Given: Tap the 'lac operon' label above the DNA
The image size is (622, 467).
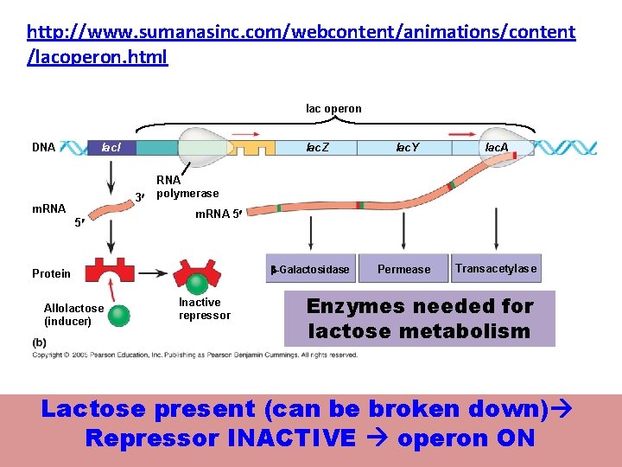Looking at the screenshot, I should (x=333, y=109).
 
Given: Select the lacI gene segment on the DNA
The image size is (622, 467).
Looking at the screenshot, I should (x=112, y=148).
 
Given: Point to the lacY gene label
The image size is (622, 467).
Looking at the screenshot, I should (x=407, y=148).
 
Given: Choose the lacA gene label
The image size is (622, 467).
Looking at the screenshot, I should (x=497, y=148).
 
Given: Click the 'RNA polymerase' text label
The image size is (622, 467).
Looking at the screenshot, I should (x=187, y=187).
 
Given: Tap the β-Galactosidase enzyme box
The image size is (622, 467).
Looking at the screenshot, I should (x=310, y=269).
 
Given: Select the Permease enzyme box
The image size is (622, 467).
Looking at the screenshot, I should (x=403, y=269).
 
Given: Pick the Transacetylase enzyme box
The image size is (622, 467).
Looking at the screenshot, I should (x=496, y=269).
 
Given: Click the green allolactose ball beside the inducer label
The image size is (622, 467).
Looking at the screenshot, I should (x=119, y=315).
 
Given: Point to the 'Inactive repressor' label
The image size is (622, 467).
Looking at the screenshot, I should (x=205, y=309).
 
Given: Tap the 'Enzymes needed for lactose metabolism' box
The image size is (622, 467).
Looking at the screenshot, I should (x=419, y=318).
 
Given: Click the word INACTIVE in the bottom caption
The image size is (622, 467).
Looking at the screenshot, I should (x=292, y=438).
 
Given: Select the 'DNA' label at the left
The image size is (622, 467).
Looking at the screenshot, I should (x=43, y=148).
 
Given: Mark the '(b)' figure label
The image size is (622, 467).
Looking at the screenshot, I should (x=39, y=342).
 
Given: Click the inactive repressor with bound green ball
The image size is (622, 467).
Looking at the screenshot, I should (x=199, y=275).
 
